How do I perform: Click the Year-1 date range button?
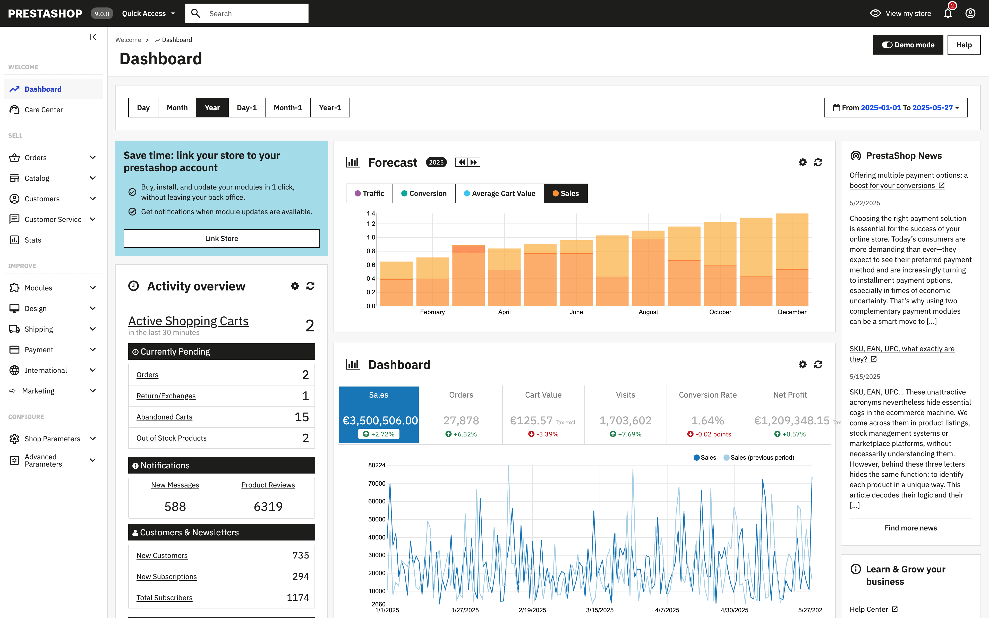330,107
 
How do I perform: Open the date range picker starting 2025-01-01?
896,107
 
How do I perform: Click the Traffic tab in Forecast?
369,193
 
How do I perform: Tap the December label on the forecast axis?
792,312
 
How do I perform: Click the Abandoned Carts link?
164,417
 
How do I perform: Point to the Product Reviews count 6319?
268,507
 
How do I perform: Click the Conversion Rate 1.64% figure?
707,420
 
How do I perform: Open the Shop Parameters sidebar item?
52,439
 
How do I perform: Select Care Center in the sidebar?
43,109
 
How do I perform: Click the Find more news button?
910,528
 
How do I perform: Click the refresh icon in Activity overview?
310,286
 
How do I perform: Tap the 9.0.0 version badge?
102,13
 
